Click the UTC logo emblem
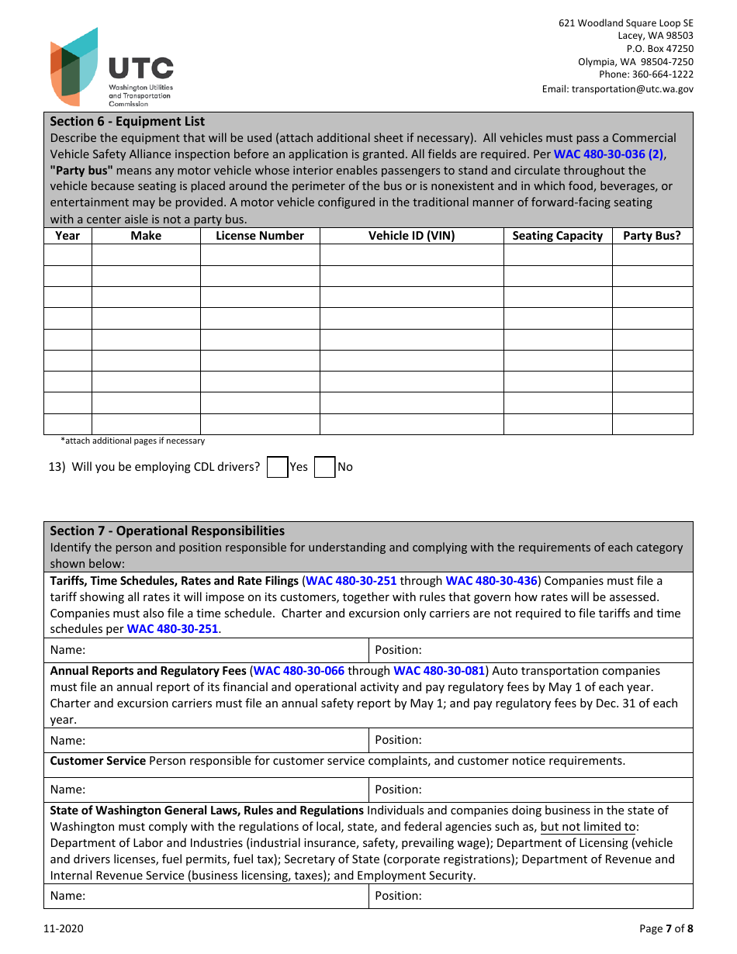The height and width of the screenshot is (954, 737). pyautogui.click(x=74, y=67)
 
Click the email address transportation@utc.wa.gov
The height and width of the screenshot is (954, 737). pyautogui.click(x=618, y=89)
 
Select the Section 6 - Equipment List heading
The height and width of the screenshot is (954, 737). pyautogui.click(x=127, y=121)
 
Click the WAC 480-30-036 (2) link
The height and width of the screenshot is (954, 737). pyautogui.click(x=608, y=154)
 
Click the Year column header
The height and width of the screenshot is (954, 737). pyautogui.click(x=67, y=236)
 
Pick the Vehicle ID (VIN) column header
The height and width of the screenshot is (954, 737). pyautogui.click(x=411, y=236)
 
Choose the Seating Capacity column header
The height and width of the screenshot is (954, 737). pyautogui.click(x=557, y=236)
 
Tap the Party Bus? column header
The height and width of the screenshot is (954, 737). pyautogui.click(x=652, y=236)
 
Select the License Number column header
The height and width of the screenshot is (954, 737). pyautogui.click(x=260, y=236)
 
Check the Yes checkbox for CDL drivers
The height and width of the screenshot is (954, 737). pyautogui.click(x=278, y=467)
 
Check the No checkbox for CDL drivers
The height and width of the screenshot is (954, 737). pyautogui.click(x=324, y=467)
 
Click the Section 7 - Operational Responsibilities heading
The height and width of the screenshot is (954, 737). pyautogui.click(x=167, y=531)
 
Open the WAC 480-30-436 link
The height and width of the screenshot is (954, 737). pyautogui.click(x=491, y=581)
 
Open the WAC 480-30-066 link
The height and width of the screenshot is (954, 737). pyautogui.click(x=299, y=671)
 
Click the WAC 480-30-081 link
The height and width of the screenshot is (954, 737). pyautogui.click(x=439, y=671)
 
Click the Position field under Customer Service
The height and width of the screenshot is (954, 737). pyautogui.click(x=530, y=790)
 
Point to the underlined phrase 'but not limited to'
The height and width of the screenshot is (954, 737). pyautogui.click(x=587, y=827)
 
